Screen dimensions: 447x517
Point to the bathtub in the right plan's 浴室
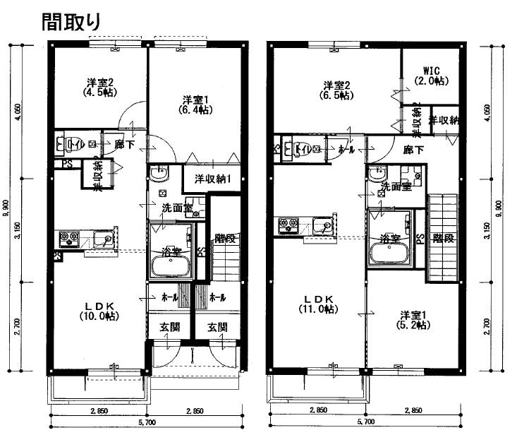(389, 254)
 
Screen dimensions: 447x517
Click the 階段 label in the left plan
(224, 238)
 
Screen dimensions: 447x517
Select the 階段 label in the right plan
(443, 238)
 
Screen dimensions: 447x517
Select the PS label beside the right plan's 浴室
(420, 239)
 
